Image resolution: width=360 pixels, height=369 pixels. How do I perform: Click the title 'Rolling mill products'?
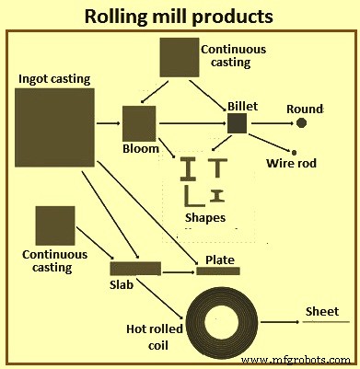180,16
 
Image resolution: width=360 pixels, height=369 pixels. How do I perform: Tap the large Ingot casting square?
55,128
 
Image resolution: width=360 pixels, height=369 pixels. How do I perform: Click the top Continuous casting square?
180,57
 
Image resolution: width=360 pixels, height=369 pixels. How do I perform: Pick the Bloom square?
139,123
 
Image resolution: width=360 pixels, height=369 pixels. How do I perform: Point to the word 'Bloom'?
141,148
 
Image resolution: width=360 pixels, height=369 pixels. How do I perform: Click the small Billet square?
238,123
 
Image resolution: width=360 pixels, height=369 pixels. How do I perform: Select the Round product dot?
301,123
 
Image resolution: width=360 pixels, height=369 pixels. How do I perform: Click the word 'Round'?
305,109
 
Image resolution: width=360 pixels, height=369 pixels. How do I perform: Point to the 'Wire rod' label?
291,165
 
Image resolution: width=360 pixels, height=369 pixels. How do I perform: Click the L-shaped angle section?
192,196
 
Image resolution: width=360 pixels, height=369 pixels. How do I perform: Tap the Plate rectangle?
218,271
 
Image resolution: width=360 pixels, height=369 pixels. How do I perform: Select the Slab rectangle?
135,269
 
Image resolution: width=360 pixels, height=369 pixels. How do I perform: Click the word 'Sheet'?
323,311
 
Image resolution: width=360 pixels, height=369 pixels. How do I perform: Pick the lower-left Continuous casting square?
54,226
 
